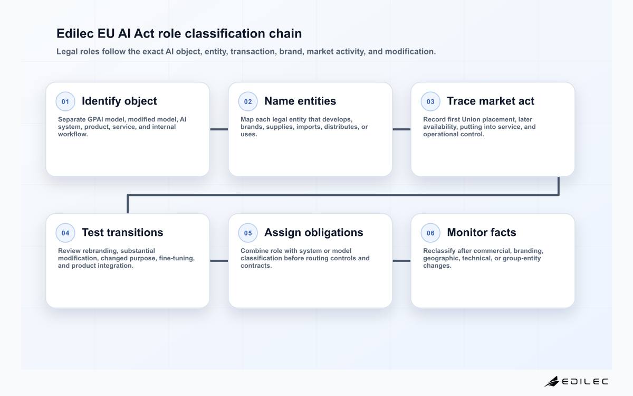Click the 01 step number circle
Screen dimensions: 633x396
65,101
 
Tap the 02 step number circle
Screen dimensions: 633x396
248,101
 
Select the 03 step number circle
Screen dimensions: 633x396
430,101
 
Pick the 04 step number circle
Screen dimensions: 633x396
65,233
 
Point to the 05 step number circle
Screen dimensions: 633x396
248,233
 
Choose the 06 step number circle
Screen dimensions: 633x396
430,233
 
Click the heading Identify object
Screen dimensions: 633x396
119,101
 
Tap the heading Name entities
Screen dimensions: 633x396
300,101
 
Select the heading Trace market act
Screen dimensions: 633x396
491,101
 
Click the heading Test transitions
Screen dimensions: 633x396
122,232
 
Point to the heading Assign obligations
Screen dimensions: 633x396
314,232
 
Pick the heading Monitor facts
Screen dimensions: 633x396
482,232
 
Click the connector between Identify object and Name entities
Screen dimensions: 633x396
219,129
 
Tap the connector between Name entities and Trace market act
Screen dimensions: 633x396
401,129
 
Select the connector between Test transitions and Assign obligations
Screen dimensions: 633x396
219,260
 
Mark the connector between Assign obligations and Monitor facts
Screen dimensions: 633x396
401,260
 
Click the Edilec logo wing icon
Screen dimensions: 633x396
552,381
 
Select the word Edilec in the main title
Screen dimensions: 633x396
75,33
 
